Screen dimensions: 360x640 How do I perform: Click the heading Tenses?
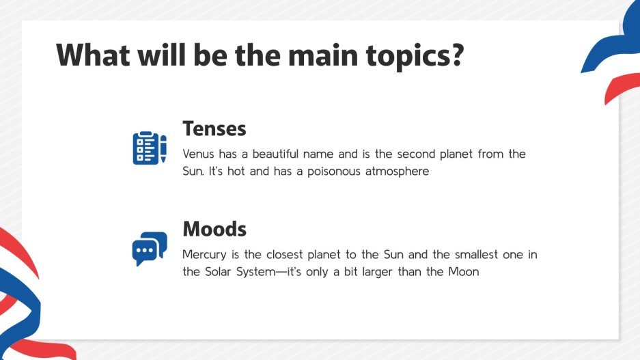coord(214,128)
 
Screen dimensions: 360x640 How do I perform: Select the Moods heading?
coord(214,228)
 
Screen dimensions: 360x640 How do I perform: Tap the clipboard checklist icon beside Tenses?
coord(145,148)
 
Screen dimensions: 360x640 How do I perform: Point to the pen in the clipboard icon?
coord(163,148)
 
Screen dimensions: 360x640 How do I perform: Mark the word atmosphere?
coord(397,171)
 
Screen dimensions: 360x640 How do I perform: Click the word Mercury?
coord(204,255)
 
